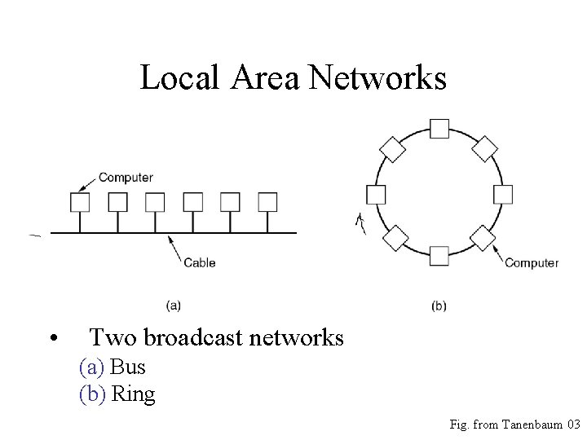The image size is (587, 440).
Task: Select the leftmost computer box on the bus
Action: [80, 201]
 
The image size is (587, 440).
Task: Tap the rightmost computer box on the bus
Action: [267, 201]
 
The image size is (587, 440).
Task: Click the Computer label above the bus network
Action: [126, 178]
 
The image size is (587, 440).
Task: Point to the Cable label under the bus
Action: [200, 262]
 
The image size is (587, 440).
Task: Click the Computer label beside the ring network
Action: [532, 262]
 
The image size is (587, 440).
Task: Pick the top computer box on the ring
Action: [439, 129]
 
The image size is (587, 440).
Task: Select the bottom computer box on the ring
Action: [439, 257]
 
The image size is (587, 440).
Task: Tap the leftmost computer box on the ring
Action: [376, 194]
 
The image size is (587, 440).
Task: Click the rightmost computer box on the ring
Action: [503, 194]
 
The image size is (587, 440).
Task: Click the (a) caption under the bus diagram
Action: [174, 306]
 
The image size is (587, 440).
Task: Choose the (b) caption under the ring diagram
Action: [439, 306]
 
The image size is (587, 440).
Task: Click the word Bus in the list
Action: [128, 367]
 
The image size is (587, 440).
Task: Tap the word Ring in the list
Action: [133, 394]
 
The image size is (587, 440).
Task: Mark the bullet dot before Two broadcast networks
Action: [52, 338]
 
